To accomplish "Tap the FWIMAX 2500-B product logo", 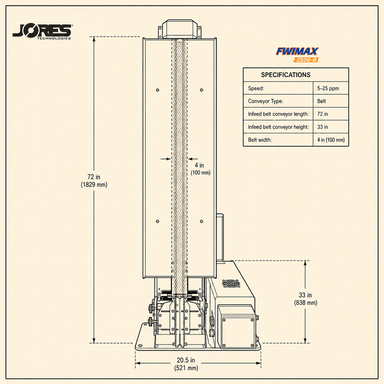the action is tap(297, 55).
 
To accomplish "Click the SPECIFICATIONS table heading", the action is tap(286, 75).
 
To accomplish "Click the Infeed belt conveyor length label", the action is tap(278, 114).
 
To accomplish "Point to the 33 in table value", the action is tap(322, 127).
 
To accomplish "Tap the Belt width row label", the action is tap(260, 140).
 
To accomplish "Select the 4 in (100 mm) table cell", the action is tap(331, 140).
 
